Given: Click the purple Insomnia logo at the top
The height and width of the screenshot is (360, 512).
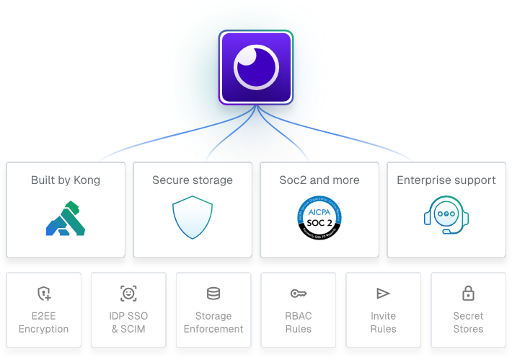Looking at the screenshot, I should pyautogui.click(x=256, y=68).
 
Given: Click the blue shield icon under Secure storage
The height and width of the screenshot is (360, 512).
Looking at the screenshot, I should pyautogui.click(x=193, y=217).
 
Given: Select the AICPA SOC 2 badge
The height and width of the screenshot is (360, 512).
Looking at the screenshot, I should pyautogui.click(x=319, y=217).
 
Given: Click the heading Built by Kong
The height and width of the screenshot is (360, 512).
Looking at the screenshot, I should pyautogui.click(x=66, y=180).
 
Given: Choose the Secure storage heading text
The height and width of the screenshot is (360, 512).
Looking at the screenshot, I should pyautogui.click(x=193, y=180).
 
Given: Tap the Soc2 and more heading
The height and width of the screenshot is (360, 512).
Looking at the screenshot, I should pyautogui.click(x=319, y=180).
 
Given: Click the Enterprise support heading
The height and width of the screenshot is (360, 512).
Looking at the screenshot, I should pyautogui.click(x=446, y=180).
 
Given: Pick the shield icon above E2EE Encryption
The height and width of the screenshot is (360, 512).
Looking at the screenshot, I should pyautogui.click(x=44, y=294).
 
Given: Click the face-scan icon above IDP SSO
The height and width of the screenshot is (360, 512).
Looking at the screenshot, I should pyautogui.click(x=128, y=294).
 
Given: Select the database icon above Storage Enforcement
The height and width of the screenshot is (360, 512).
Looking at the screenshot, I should pyautogui.click(x=213, y=294).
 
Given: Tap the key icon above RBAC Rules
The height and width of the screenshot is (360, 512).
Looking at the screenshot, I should pyautogui.click(x=299, y=294).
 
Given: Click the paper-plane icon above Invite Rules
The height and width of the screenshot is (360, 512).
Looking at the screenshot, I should pyautogui.click(x=383, y=294).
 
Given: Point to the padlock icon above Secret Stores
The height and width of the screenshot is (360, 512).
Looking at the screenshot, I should pyautogui.click(x=468, y=294).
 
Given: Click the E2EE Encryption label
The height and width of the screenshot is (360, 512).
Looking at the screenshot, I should pyautogui.click(x=44, y=322).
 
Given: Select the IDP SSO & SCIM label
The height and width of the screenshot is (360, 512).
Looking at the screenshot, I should pyautogui.click(x=128, y=322).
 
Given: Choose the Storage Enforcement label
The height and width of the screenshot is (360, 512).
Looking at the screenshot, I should pyautogui.click(x=213, y=322).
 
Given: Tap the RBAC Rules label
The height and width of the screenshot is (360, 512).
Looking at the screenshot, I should pyautogui.click(x=299, y=322).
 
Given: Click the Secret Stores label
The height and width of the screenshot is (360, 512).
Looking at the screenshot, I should pyautogui.click(x=468, y=322).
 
